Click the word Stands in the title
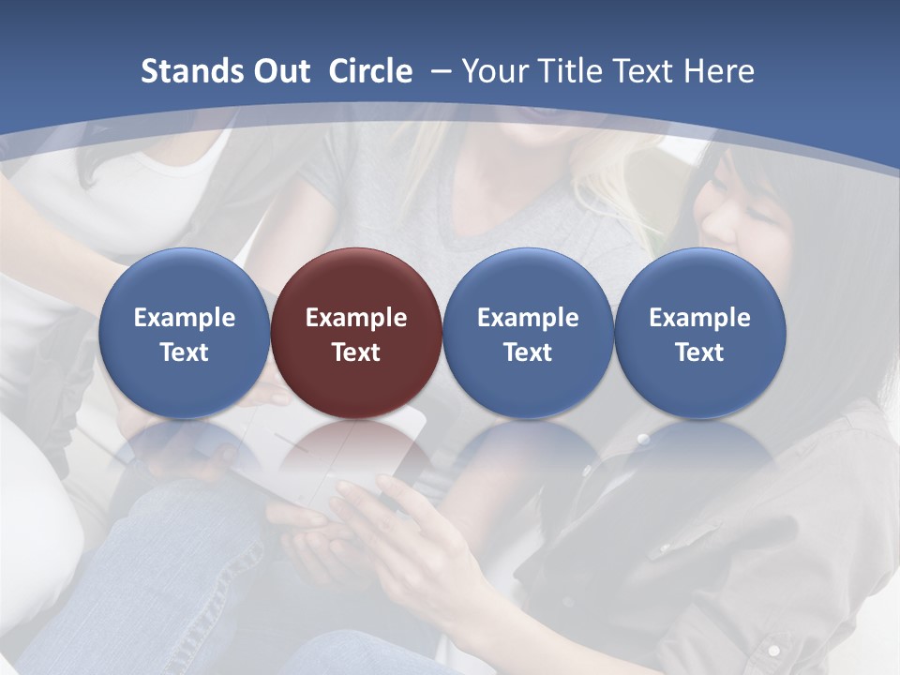[187, 71]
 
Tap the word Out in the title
[278, 71]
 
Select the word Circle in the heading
[370, 71]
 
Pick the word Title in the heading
[573, 71]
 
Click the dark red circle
[356, 281]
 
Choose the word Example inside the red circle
[356, 318]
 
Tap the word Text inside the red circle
[356, 352]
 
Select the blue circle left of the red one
[185, 281]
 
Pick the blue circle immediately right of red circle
[528, 281]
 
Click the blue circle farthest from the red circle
[699, 281]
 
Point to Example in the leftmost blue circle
[185, 318]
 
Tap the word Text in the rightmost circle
[699, 352]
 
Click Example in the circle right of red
[528, 318]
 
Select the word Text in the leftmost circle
[185, 352]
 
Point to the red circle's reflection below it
[356, 459]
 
